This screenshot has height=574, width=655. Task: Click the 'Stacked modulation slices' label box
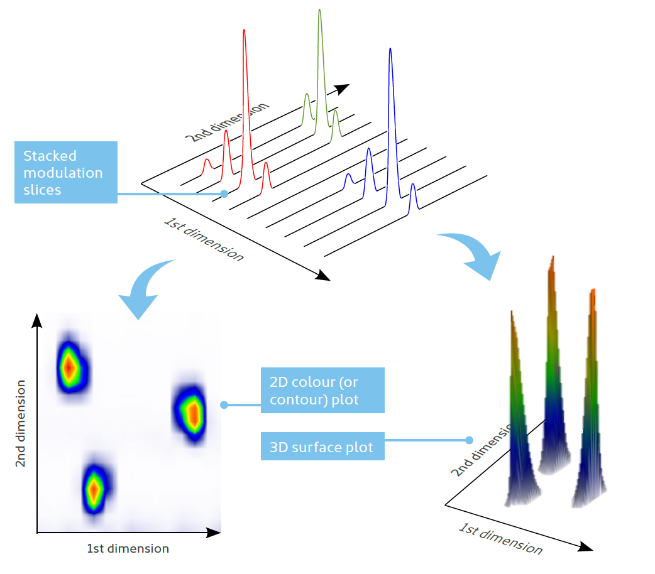click(x=66, y=173)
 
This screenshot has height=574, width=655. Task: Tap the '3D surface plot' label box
click(x=322, y=447)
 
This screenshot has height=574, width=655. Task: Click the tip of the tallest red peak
click(x=244, y=30)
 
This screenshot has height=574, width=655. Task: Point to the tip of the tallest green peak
click(x=319, y=10)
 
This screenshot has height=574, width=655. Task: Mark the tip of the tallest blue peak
click(x=390, y=49)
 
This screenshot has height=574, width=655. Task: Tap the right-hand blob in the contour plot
click(x=190, y=413)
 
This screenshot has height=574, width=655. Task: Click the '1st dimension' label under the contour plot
click(x=128, y=548)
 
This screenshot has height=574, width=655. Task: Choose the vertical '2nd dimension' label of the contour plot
click(x=21, y=423)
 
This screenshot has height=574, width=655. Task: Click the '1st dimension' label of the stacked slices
click(x=204, y=239)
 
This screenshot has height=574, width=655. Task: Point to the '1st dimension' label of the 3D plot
click(x=500, y=538)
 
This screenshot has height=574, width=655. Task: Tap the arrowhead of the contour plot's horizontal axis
click(x=214, y=533)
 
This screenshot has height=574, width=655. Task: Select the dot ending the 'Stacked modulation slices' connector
click(x=224, y=193)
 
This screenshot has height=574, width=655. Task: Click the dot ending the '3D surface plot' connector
click(x=469, y=440)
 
